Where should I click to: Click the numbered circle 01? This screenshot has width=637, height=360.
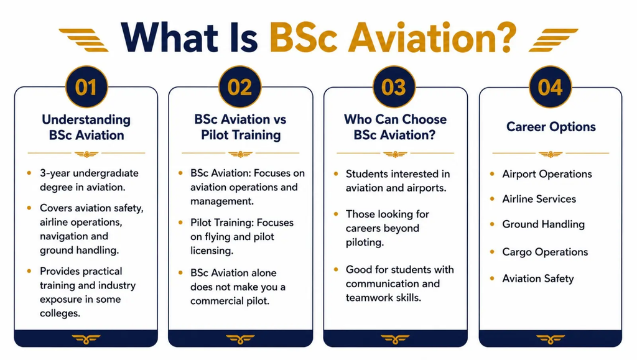86,87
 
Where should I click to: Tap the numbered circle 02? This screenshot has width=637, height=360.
239,87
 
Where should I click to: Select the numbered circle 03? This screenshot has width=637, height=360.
394,87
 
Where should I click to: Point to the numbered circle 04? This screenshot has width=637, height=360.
550,87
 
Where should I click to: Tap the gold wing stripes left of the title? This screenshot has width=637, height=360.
84,40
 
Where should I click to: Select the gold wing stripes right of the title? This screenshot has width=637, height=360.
553,40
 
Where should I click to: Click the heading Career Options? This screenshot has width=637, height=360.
551,127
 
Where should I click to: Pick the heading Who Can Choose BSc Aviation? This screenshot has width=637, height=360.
395,127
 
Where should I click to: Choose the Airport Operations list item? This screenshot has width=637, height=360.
547,174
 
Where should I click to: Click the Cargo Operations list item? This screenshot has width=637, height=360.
545,252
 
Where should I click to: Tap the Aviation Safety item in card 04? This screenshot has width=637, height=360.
538,279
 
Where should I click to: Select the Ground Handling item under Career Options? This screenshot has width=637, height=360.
543,224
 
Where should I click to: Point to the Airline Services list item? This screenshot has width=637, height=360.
539,199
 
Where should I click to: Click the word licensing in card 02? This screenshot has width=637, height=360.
212,251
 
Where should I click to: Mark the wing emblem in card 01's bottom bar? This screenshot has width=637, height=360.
86,339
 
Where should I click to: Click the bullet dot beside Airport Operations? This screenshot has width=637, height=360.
493,174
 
